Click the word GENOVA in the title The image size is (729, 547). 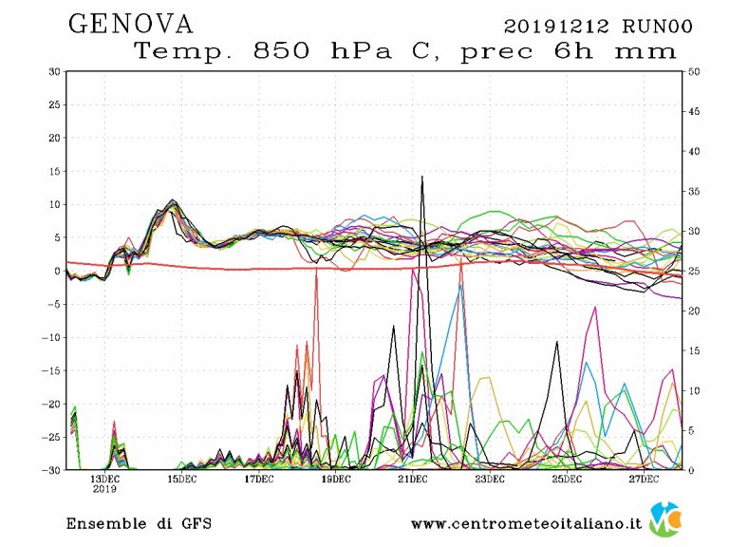[131, 24]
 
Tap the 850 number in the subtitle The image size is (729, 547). [280, 52]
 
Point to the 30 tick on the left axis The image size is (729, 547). [55, 71]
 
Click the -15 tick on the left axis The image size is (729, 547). [52, 370]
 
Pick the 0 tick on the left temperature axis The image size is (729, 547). [58, 271]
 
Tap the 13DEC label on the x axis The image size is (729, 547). [104, 479]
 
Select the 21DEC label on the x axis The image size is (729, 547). [412, 479]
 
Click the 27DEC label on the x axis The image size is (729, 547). [643, 479]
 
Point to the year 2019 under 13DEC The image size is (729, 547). [104, 490]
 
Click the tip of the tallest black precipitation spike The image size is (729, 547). [422, 176]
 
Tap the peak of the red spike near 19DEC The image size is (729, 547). [317, 268]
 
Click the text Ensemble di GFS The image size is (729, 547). [139, 523]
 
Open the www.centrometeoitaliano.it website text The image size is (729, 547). [527, 523]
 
